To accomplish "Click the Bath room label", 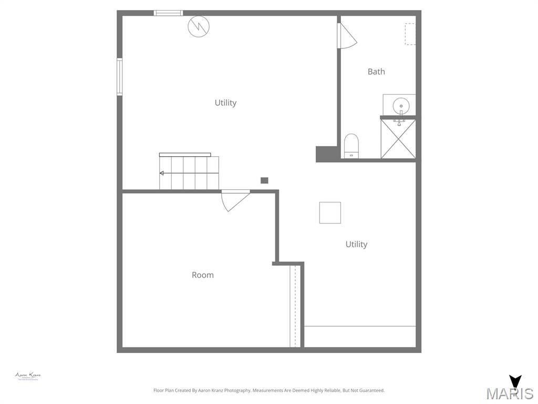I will [x=376, y=72].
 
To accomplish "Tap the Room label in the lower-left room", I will [x=202, y=275].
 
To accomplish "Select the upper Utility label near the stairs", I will [x=225, y=103].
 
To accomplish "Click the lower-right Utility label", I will [x=356, y=244].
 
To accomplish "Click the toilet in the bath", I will [x=351, y=145].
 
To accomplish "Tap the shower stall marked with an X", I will [x=398, y=139].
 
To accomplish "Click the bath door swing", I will [x=347, y=36].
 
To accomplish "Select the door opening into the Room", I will [x=234, y=200].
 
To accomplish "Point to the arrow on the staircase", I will [x=162, y=173].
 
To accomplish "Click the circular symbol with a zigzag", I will [x=199, y=26].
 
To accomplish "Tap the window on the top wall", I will [x=168, y=13].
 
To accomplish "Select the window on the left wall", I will [x=119, y=77].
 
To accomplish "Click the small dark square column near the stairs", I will [x=264, y=180].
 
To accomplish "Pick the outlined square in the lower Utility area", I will [x=330, y=213].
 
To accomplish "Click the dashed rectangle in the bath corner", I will [x=410, y=34].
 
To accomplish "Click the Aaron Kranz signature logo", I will [x=28, y=376].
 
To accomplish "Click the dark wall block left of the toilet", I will [x=326, y=154].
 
